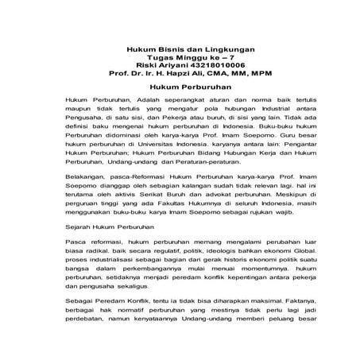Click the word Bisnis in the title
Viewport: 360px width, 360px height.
click(x=168, y=49)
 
